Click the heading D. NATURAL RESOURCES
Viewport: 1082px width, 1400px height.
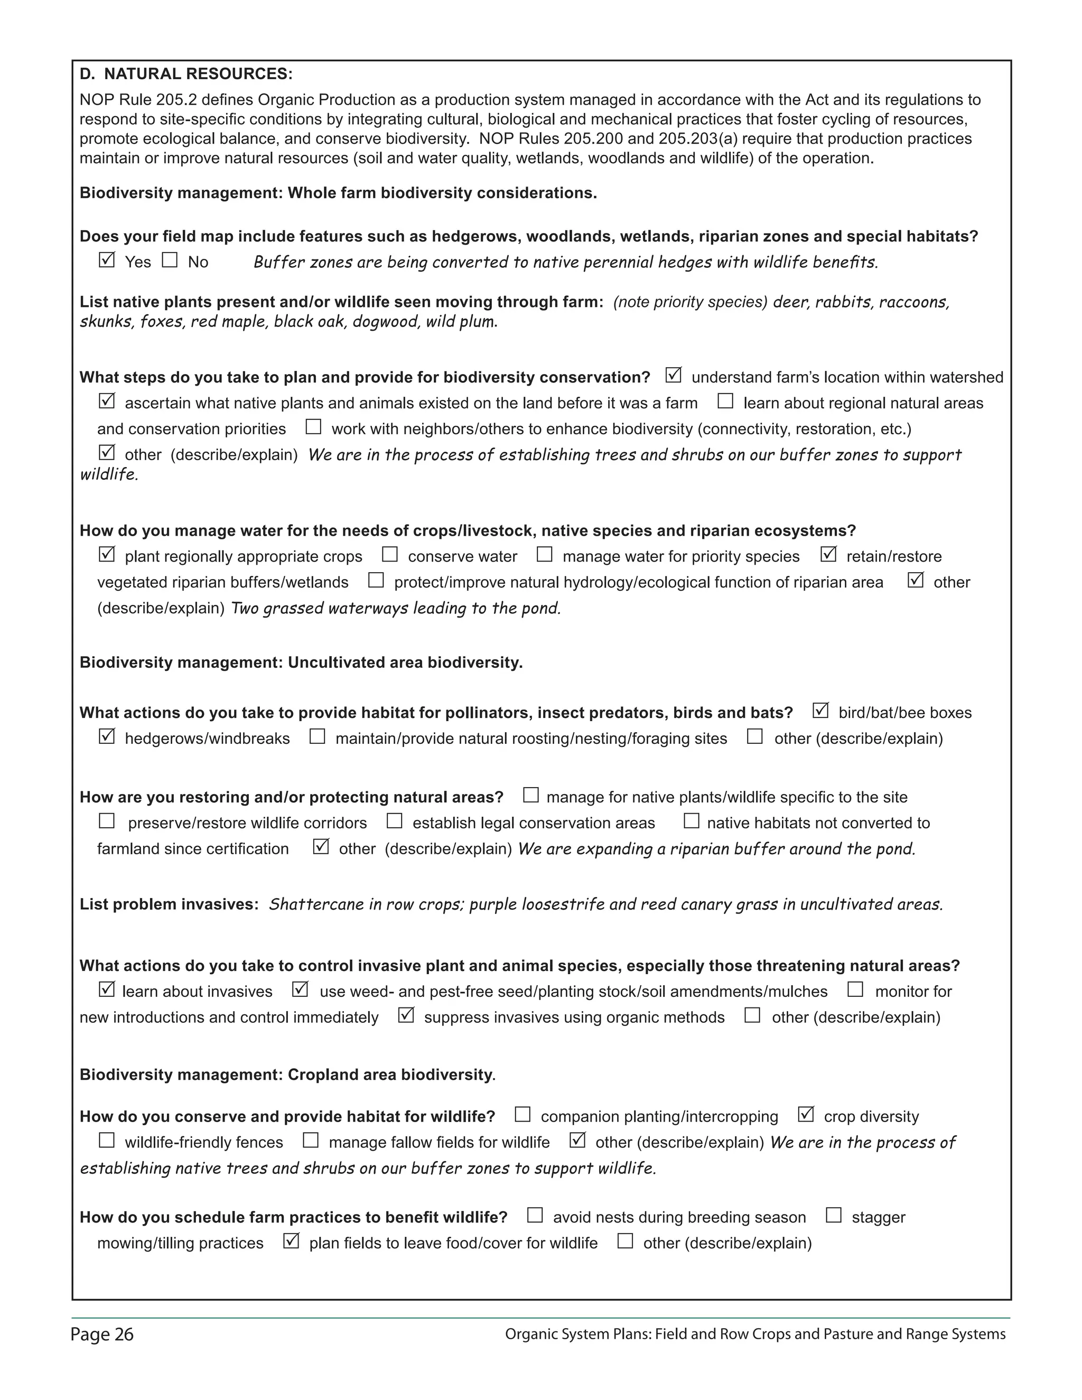click(186, 74)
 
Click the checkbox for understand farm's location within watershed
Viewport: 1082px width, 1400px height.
click(673, 375)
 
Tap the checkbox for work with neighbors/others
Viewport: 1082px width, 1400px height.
click(313, 427)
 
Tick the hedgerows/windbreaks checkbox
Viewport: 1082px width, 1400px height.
click(106, 736)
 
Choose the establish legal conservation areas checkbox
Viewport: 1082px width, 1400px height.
click(394, 821)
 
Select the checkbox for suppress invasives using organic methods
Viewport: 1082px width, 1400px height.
click(406, 1015)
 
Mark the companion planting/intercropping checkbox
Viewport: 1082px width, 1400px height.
click(523, 1115)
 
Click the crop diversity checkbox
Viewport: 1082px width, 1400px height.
click(806, 1115)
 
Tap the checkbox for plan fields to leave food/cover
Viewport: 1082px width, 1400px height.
click(291, 1241)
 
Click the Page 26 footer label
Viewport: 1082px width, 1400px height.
click(102, 1334)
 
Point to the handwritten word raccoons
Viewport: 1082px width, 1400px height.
click(913, 302)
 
